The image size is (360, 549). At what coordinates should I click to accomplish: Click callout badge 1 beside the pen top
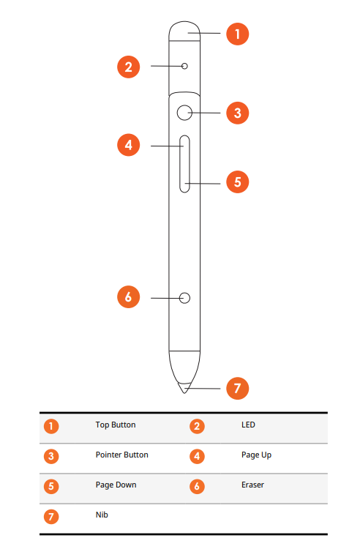click(x=237, y=33)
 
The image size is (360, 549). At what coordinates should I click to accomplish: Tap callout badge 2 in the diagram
click(x=128, y=67)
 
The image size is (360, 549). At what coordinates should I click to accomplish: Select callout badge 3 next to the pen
click(x=237, y=113)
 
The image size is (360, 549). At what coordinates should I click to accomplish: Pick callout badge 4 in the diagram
click(x=128, y=146)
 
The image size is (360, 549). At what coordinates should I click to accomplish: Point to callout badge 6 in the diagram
click(x=128, y=296)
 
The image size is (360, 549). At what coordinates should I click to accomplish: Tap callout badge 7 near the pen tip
click(x=237, y=388)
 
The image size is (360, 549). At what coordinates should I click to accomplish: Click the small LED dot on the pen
click(x=184, y=67)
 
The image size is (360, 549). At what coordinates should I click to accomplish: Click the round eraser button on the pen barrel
click(x=184, y=298)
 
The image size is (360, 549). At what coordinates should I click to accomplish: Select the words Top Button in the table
click(x=116, y=425)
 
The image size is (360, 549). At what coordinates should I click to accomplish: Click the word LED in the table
click(x=248, y=425)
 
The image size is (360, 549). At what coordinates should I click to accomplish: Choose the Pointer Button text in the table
click(x=121, y=455)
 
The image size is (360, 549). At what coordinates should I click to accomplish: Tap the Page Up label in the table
click(x=256, y=455)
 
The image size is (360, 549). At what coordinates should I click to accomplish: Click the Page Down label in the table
click(x=116, y=485)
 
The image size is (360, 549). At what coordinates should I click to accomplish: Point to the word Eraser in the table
click(x=252, y=485)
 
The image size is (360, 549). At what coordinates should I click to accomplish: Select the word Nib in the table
click(x=102, y=515)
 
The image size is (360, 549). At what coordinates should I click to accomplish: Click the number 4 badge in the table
click(x=197, y=456)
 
